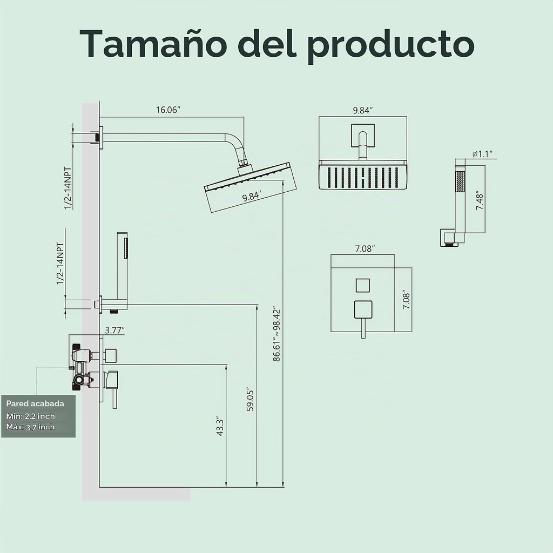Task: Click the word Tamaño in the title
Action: (x=152, y=44)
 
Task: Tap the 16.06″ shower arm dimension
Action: (x=168, y=110)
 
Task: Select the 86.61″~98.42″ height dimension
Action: (x=277, y=334)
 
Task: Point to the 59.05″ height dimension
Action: (x=250, y=400)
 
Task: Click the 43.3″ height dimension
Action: (x=220, y=427)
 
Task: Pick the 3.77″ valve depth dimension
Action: (x=115, y=330)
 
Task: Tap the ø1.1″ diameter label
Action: (x=482, y=154)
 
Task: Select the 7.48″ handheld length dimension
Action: (x=480, y=202)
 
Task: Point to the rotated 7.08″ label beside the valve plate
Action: (x=407, y=301)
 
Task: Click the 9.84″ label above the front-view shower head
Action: (x=363, y=110)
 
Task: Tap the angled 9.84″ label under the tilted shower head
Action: (x=252, y=196)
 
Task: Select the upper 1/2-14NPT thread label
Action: (x=68, y=188)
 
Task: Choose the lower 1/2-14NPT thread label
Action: (x=60, y=264)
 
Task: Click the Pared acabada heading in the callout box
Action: (x=35, y=403)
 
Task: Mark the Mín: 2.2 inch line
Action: (x=31, y=416)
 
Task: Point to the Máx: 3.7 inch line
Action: (x=31, y=427)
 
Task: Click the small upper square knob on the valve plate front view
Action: (x=362, y=285)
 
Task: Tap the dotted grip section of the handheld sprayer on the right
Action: (x=460, y=181)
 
